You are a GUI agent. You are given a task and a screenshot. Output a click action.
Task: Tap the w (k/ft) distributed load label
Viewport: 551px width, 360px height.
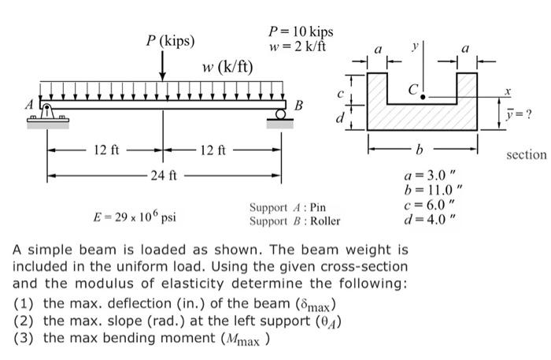(227, 65)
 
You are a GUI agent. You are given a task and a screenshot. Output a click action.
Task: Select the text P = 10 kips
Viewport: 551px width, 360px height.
(301, 32)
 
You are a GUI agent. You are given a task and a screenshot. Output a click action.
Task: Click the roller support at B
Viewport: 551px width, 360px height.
(281, 117)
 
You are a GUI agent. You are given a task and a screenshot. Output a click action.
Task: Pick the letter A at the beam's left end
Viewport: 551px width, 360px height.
(31, 103)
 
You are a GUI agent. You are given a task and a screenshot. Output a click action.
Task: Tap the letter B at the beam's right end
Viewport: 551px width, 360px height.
(298, 105)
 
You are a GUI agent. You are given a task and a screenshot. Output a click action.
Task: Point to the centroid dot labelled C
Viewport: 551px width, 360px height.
(423, 97)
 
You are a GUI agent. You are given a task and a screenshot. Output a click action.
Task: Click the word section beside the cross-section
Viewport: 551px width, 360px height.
(526, 154)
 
